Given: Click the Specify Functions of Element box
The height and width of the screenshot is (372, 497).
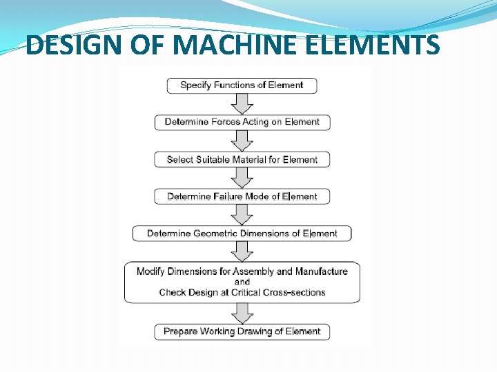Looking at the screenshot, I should click(242, 85).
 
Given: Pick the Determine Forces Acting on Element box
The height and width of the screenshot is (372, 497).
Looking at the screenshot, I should click(242, 122).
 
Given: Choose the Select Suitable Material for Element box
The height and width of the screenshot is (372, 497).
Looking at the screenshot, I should click(242, 159).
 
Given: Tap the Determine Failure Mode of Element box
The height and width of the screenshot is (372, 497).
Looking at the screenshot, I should click(242, 196).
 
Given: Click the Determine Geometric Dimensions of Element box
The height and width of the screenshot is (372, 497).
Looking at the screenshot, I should click(242, 234).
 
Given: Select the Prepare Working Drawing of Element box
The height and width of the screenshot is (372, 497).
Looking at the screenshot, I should click(242, 331).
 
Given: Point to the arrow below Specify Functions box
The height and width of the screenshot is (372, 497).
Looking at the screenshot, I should click(242, 104).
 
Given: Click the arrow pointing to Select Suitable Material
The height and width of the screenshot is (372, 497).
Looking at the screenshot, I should click(242, 141).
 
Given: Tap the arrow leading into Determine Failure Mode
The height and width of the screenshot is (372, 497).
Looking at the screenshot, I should click(242, 178).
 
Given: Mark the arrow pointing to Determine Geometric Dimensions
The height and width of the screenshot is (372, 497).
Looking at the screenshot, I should click(242, 215).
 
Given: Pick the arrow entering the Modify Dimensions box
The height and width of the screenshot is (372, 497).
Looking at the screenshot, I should click(242, 251).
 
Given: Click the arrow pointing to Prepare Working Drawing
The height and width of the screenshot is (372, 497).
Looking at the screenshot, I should click(242, 313).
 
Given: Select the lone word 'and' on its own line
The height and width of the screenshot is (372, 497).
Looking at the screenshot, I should click(242, 282).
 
